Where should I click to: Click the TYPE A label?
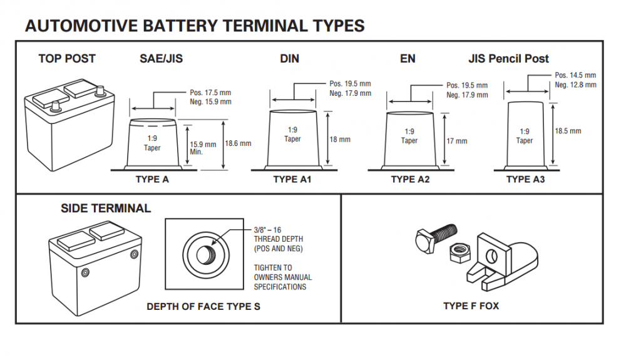coord(152,180)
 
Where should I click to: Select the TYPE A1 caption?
coord(292,180)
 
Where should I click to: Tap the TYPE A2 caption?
coord(411,180)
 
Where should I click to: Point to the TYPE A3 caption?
coord(526,180)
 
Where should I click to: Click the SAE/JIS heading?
coord(161,59)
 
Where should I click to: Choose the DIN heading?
coord(289,59)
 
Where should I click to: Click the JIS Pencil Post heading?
coord(508,59)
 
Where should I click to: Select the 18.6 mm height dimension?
coord(238,143)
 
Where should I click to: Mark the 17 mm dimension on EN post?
coord(456,141)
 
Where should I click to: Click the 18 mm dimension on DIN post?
coord(340,140)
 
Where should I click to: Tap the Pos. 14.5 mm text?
coord(575,75)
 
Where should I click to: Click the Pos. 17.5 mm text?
coord(210,93)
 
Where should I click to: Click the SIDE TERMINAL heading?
coord(105,208)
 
